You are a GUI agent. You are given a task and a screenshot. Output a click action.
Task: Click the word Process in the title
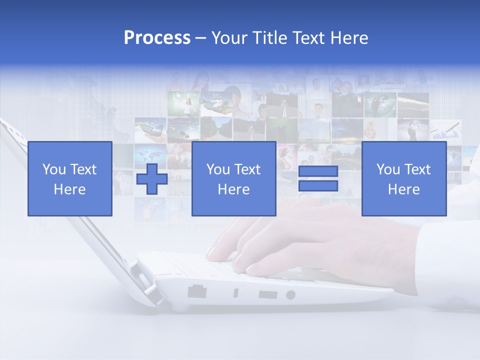157,38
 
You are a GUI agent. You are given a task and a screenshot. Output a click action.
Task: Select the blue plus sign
152,178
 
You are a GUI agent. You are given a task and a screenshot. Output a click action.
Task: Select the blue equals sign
318,178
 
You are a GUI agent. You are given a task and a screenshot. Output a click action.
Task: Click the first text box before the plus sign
69,178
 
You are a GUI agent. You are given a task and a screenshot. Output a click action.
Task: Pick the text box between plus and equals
233,178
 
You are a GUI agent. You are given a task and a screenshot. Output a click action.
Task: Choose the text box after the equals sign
403,178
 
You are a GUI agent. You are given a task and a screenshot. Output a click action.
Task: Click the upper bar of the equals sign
318,171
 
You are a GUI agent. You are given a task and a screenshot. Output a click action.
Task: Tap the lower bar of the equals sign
318,185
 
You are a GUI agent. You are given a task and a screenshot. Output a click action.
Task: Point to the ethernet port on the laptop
197,291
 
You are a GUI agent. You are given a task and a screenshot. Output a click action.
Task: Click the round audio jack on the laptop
290,295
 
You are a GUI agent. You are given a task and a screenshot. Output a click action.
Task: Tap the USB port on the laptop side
267,294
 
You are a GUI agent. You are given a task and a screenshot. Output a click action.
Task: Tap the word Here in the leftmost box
69,189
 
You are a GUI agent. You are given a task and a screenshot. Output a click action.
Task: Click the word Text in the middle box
247,169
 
